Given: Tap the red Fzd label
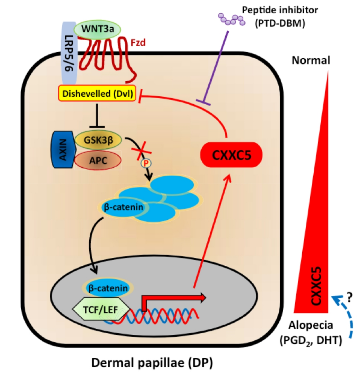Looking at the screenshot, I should pyautogui.click(x=138, y=43).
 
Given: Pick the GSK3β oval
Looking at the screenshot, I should pyautogui.click(x=98, y=140).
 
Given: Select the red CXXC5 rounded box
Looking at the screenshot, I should pyautogui.click(x=231, y=155).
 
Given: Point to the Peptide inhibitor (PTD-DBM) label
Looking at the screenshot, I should pyautogui.click(x=280, y=17).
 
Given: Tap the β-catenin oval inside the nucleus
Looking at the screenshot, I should pyautogui.click(x=107, y=288).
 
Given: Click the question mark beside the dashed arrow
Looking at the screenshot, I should pyautogui.click(x=349, y=299).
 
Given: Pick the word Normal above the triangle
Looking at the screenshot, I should pyautogui.click(x=311, y=60).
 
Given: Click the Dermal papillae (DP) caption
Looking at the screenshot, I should pyautogui.click(x=152, y=362).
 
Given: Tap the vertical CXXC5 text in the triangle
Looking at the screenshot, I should pyautogui.click(x=316, y=285).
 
